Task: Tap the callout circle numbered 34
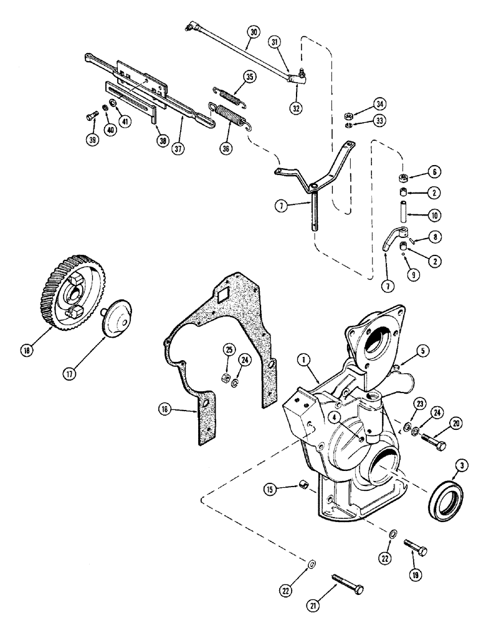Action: click(x=380, y=103)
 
